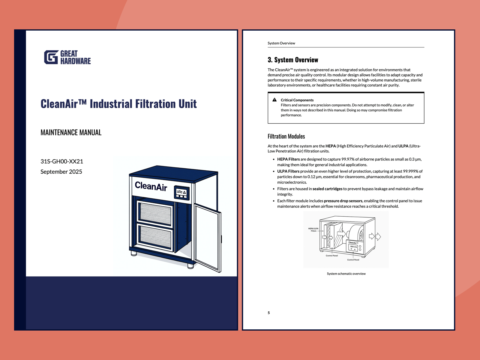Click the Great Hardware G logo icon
tap(51, 57)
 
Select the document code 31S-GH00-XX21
tap(62, 161)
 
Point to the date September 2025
tap(61, 172)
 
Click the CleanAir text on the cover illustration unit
tap(151, 186)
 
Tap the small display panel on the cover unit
tap(182, 192)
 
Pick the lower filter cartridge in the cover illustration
tap(155, 237)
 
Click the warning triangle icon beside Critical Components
tap(274, 100)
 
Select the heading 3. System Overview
tap(293, 60)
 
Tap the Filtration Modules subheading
tap(286, 136)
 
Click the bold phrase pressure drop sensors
tap(343, 201)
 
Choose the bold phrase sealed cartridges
tap(327, 189)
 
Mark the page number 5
tap(269, 313)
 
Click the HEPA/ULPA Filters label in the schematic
tap(313, 230)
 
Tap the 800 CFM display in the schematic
tap(353, 247)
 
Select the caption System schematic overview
tap(346, 274)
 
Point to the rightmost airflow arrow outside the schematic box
tap(378, 236)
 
